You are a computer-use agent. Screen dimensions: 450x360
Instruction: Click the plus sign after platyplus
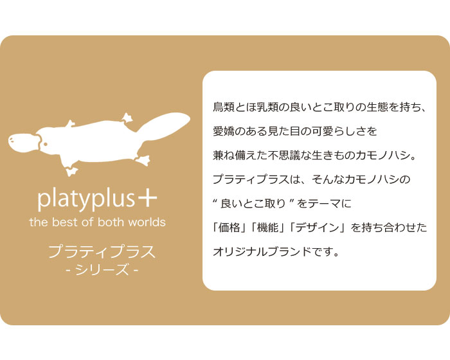147,197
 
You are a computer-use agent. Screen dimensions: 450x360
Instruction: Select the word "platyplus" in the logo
86,199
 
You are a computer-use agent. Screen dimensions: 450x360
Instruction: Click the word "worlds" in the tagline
147,222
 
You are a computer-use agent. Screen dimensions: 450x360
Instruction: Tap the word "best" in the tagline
65,222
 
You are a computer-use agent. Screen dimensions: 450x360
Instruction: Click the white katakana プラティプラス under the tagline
102,251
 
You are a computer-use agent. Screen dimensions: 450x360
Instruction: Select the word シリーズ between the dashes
102,270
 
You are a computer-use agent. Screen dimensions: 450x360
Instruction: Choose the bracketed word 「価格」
230,228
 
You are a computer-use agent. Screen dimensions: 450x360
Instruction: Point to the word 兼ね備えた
240,156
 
